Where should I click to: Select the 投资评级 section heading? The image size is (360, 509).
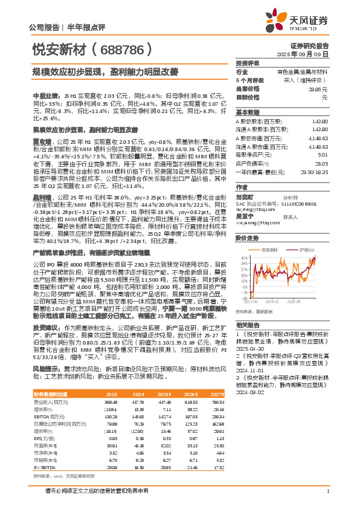click(x=247, y=63)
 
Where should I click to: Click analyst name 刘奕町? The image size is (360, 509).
click(x=243, y=197)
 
